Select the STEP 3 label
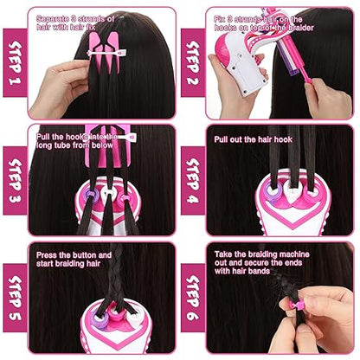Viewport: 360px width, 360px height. pyautogui.click(x=13, y=182)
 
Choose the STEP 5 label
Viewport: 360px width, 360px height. pyautogui.click(x=13, y=299)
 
